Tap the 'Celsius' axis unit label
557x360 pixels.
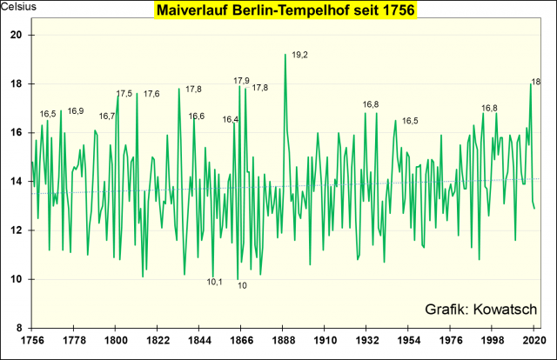(x=17, y=9)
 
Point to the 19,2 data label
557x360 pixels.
(x=299, y=55)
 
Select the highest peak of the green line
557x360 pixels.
(x=285, y=54)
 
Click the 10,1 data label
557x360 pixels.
(x=215, y=282)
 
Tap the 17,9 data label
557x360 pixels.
(x=241, y=81)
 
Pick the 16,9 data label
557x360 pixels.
(x=76, y=111)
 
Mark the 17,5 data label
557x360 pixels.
(x=124, y=94)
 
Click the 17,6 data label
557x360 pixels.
(x=151, y=94)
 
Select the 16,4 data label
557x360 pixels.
(x=230, y=119)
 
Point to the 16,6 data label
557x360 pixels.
(x=197, y=116)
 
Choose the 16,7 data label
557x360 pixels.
(x=107, y=116)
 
